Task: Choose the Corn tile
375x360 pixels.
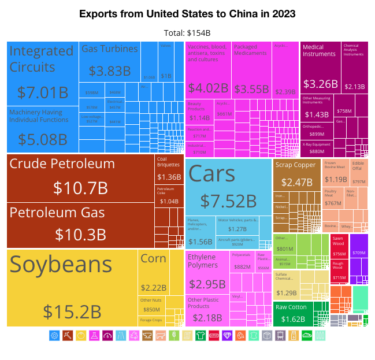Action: click(153, 272)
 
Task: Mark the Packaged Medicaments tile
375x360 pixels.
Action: click(251, 69)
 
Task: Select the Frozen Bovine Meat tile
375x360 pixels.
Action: click(335, 172)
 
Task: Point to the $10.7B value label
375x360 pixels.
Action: click(80, 188)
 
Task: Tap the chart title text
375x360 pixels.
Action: click(187, 13)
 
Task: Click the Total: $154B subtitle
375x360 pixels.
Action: click(187, 33)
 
